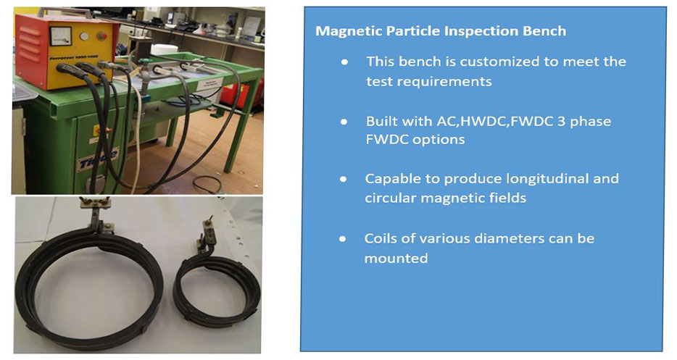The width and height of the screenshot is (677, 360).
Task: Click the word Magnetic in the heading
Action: tap(349, 32)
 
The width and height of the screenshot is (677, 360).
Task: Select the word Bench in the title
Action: tap(544, 31)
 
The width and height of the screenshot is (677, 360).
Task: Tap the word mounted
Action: tap(396, 258)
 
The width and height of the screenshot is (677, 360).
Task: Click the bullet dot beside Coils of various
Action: tap(343, 239)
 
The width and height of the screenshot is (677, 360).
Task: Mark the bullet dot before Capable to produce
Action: tap(344, 179)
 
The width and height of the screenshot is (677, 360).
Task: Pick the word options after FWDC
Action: tap(439, 140)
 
